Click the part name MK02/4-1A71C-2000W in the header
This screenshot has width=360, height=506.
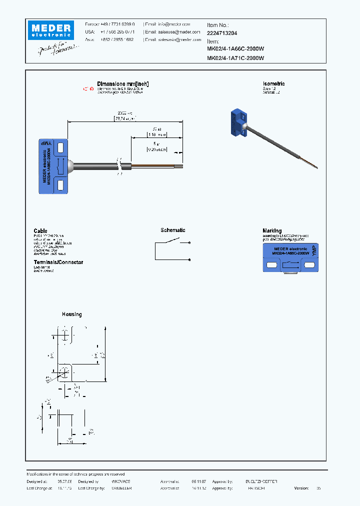coord(235,58)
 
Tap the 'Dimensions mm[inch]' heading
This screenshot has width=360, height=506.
coord(122,83)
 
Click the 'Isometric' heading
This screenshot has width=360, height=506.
coord(273,83)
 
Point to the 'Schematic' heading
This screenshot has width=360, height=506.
coord(172,230)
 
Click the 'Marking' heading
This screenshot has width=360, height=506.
coord(272,230)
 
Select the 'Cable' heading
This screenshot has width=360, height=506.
coord(40,230)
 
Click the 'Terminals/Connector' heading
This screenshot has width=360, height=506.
coord(58,262)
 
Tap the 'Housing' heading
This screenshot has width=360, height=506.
coord(71,314)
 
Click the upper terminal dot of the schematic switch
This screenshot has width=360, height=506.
coord(188,243)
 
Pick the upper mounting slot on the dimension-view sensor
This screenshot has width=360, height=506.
coord(60,147)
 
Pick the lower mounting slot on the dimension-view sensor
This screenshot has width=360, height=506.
coord(60,185)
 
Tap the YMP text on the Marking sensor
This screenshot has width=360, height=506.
coord(314,251)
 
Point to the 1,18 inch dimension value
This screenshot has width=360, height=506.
coord(156,134)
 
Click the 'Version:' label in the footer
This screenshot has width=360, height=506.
coord(301,488)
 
